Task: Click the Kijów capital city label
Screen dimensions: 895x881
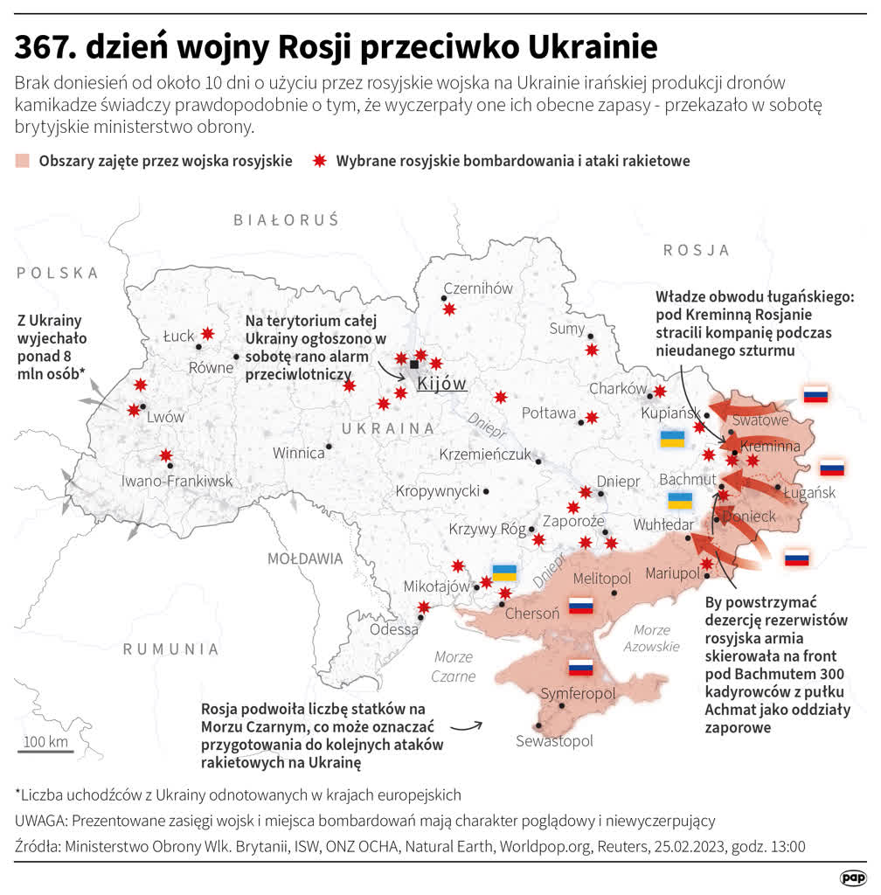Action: point(442,385)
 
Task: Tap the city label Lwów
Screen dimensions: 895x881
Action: point(165,417)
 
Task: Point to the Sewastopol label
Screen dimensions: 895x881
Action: point(554,741)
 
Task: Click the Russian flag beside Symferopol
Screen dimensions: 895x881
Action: point(580,668)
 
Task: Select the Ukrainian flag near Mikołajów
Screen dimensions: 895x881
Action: point(504,573)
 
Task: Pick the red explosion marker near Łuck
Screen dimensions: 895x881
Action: point(208,333)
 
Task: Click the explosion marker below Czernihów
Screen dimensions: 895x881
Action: point(449,309)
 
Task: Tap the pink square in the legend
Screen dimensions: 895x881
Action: point(24,161)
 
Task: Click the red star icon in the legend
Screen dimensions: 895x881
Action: point(319,161)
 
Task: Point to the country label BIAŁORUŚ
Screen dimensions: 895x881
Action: point(286,220)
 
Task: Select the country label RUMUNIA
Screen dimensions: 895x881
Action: point(170,649)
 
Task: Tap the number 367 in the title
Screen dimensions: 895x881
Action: point(44,45)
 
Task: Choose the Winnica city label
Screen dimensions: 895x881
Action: point(298,453)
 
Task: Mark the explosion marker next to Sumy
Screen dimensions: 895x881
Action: point(592,350)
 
